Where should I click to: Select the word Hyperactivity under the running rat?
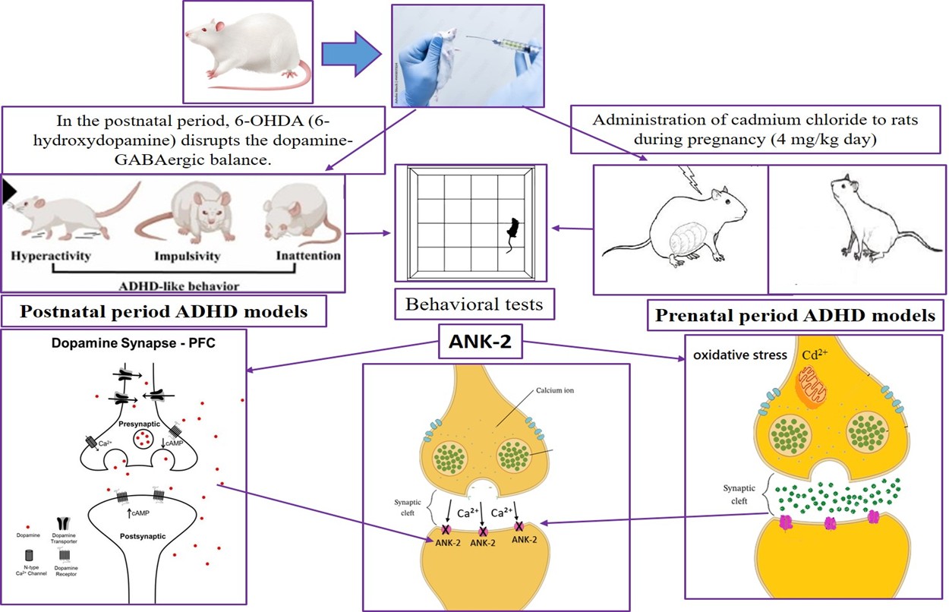(x=51, y=256)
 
